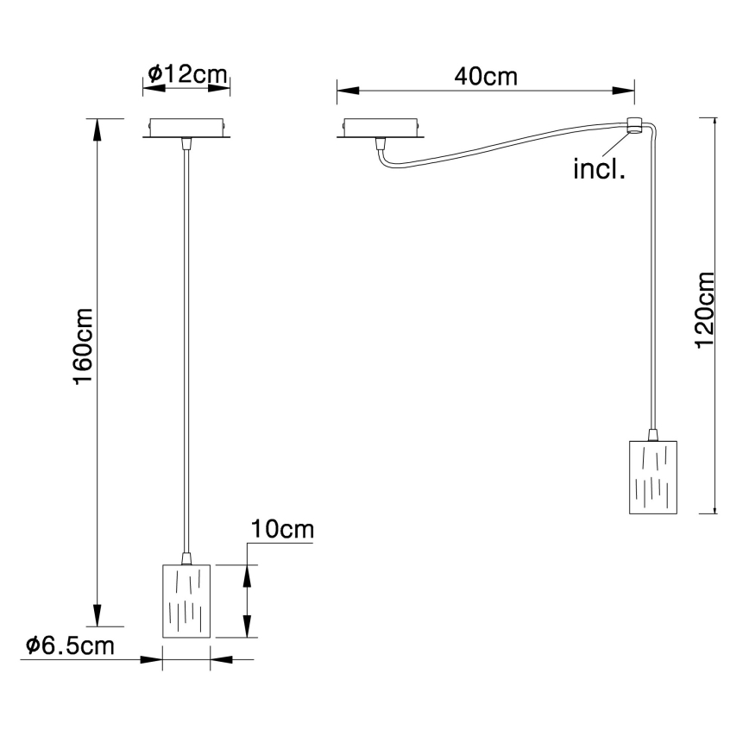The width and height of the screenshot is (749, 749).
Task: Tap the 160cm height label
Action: pyautogui.click(x=84, y=345)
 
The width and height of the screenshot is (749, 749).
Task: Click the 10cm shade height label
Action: pyautogui.click(x=281, y=529)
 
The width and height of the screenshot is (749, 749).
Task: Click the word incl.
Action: pyautogui.click(x=599, y=169)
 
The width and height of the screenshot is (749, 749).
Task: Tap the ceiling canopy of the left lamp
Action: pyautogui.click(x=186, y=127)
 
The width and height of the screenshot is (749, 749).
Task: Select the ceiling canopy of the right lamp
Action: pyautogui.click(x=381, y=127)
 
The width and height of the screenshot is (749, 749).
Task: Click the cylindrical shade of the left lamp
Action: pyautogui.click(x=186, y=601)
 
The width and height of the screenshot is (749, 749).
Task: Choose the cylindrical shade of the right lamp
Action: pyautogui.click(x=653, y=477)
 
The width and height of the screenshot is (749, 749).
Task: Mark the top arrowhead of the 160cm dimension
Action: pyautogui.click(x=98, y=125)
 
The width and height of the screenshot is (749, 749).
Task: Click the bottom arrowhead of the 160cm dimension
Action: pyautogui.click(x=98, y=618)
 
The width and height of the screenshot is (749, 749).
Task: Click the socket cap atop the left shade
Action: pyautogui.click(x=186, y=559)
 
